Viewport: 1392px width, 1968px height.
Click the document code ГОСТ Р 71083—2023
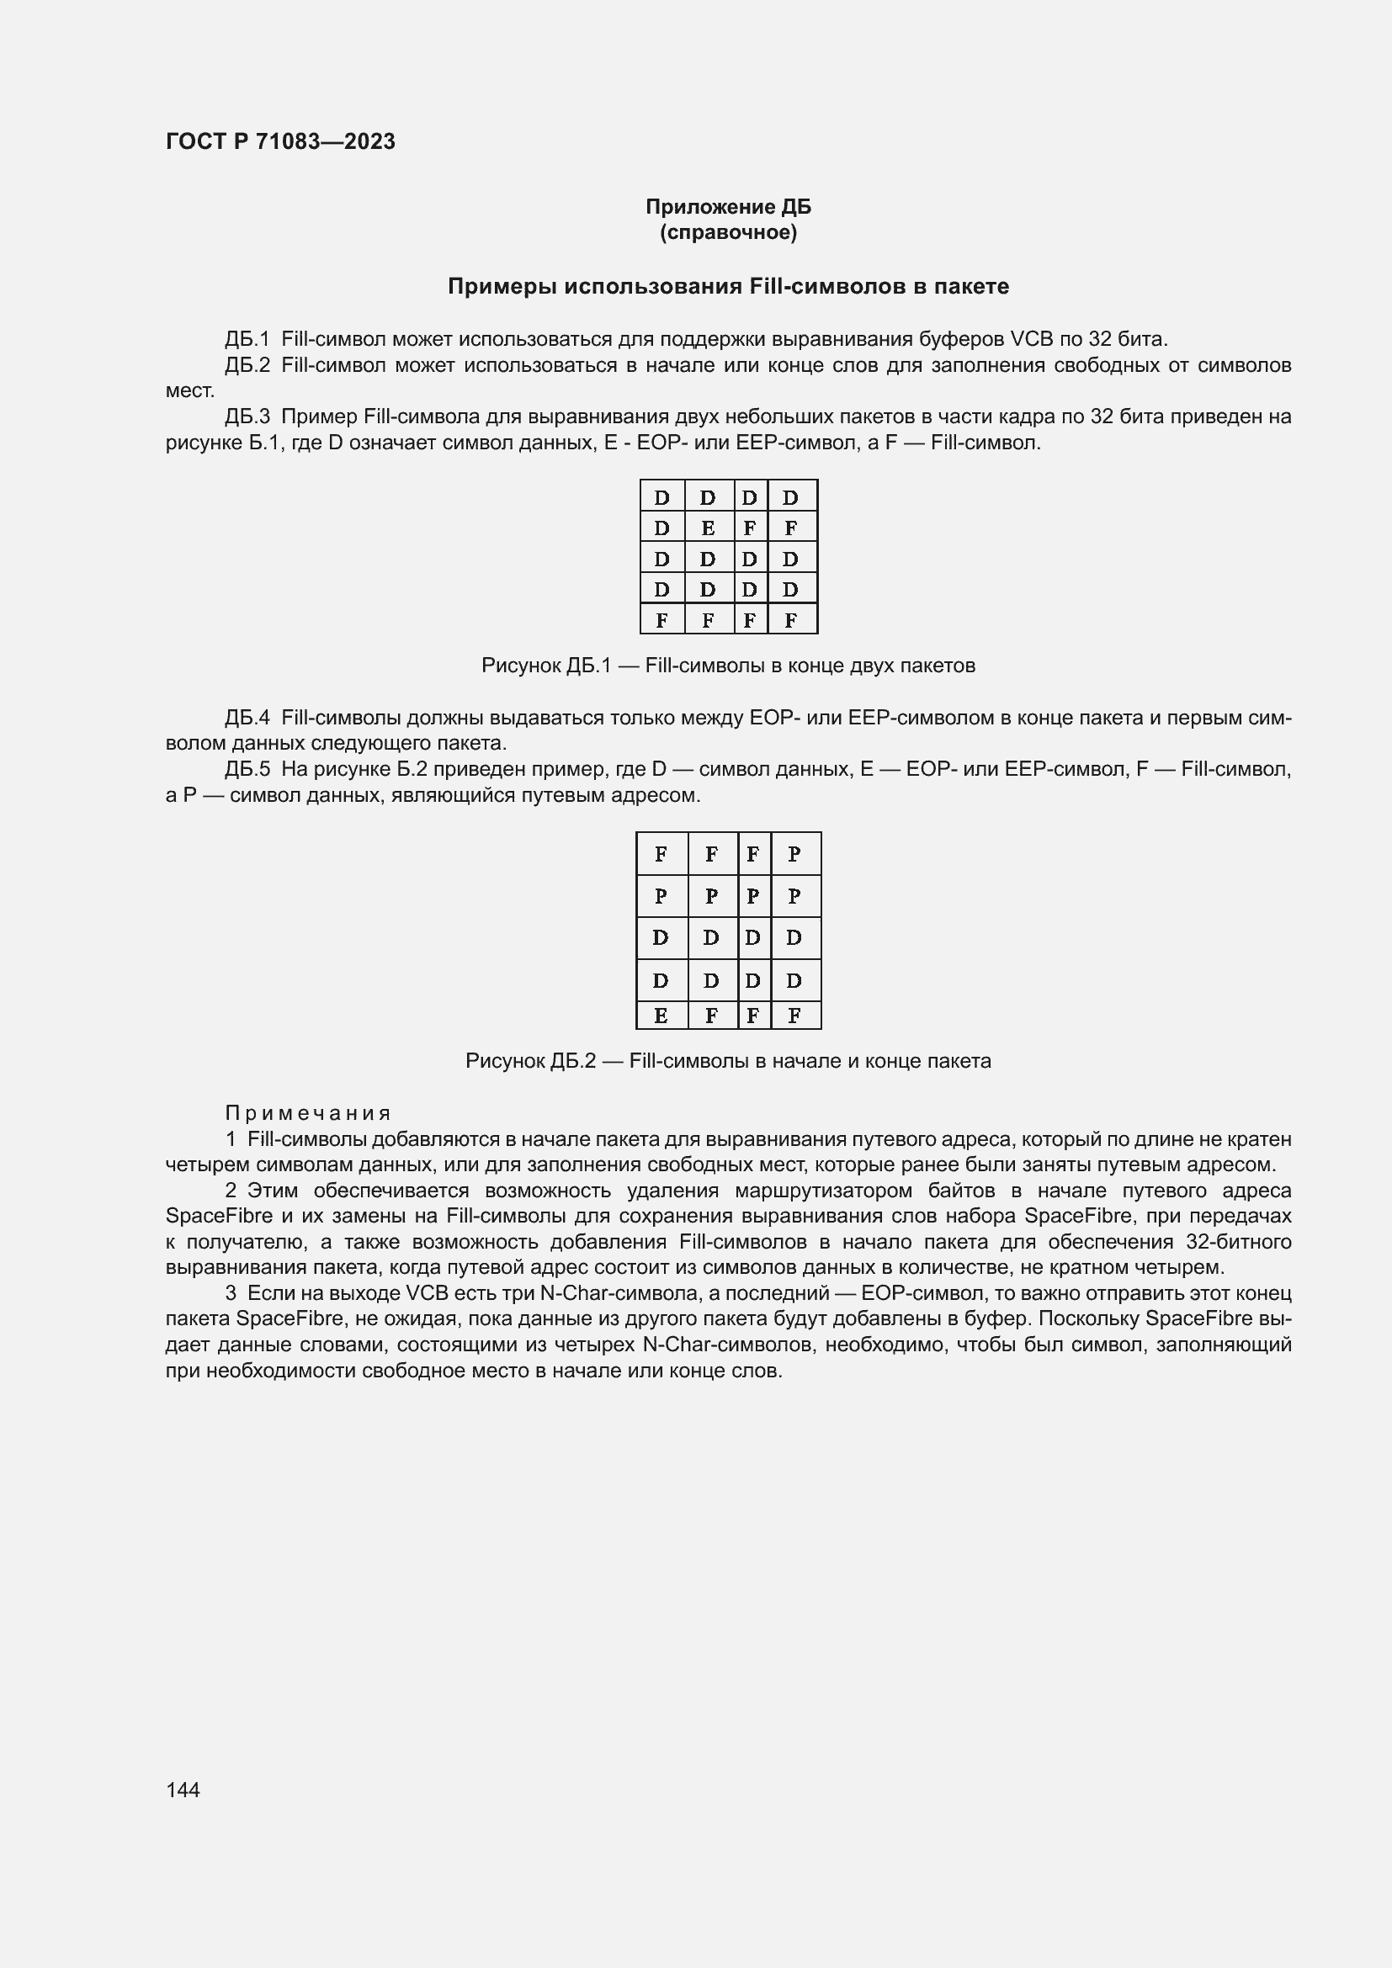click(x=280, y=141)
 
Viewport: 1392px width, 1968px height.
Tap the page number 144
click(x=183, y=1789)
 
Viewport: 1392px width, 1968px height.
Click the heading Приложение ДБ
click(x=728, y=207)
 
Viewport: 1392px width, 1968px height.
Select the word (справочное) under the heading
click(x=728, y=232)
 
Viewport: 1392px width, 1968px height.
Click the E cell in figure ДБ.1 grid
click(x=707, y=528)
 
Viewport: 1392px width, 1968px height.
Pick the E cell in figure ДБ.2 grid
click(x=661, y=1016)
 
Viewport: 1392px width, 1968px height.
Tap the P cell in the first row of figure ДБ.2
click(x=794, y=854)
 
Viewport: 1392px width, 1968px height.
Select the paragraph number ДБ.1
click(x=247, y=338)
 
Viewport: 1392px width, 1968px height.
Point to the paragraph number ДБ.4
click(x=247, y=718)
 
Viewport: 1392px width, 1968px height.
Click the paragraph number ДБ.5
click(x=247, y=769)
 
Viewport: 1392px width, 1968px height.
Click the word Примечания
click(x=308, y=1112)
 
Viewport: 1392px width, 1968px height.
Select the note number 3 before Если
click(x=231, y=1292)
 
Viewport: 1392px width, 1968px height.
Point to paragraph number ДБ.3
click(x=247, y=416)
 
